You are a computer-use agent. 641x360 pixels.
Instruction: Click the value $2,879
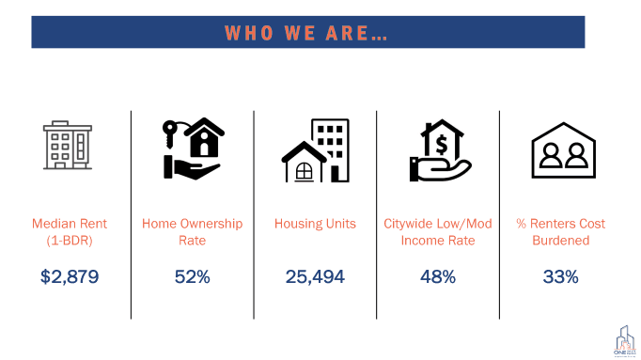70,276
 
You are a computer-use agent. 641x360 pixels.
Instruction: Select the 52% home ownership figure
192,276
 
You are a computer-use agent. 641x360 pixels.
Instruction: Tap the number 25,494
315,276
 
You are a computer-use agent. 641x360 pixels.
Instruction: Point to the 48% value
437,276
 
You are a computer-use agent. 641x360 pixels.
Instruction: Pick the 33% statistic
560,276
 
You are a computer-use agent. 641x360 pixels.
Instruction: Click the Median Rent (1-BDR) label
70,231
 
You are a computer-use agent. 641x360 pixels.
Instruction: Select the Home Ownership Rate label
192,231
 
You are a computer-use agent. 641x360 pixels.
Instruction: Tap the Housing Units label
315,224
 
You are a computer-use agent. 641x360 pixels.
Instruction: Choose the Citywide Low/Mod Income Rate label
437,231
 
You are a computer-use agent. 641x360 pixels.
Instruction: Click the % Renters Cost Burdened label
560,231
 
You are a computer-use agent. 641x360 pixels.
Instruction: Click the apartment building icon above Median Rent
70,145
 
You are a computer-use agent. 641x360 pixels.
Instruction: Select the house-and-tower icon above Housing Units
315,152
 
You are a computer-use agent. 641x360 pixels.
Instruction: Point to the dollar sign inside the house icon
440,143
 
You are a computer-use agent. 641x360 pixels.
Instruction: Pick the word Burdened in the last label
560,240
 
